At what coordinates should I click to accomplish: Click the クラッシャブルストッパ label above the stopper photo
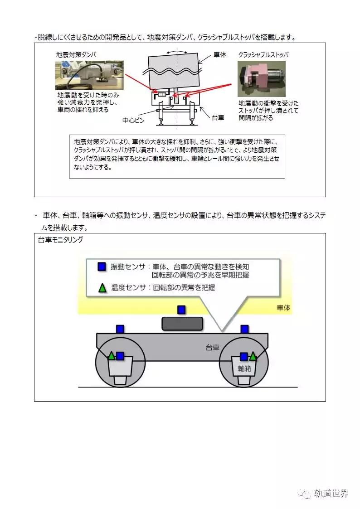click(x=264, y=54)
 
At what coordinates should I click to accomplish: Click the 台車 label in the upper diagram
click(x=219, y=117)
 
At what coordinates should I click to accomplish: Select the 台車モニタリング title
click(x=60, y=240)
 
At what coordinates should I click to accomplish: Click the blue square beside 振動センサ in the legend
click(x=102, y=267)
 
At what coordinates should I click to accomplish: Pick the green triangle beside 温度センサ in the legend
click(x=102, y=287)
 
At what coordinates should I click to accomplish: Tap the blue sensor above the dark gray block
click(x=181, y=310)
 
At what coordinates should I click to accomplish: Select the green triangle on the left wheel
click(x=111, y=356)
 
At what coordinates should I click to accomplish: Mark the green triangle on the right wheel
click(x=253, y=356)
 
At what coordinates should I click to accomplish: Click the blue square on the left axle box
click(x=120, y=356)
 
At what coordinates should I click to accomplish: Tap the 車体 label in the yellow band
click(x=283, y=308)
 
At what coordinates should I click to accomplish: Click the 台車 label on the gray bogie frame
click(x=212, y=348)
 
